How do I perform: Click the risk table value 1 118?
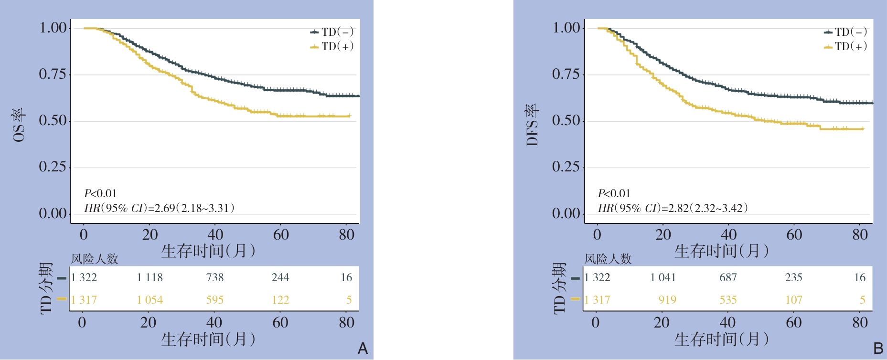(x=150, y=277)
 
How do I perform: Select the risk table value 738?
(x=215, y=277)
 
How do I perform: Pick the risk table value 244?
(x=280, y=277)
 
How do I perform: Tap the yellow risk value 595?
(x=215, y=300)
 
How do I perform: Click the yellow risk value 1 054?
(x=150, y=300)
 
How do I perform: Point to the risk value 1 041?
(x=663, y=277)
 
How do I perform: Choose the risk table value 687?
(x=728, y=277)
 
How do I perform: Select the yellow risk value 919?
(x=667, y=300)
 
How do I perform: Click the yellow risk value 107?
(x=794, y=300)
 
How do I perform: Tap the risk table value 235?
(x=794, y=277)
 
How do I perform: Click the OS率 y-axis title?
(x=20, y=125)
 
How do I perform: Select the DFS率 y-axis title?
(x=533, y=125)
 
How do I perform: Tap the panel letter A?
(x=363, y=349)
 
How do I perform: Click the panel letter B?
(x=878, y=349)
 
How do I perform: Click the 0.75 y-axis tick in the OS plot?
(x=53, y=74)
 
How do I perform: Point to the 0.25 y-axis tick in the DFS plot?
(x=566, y=167)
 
